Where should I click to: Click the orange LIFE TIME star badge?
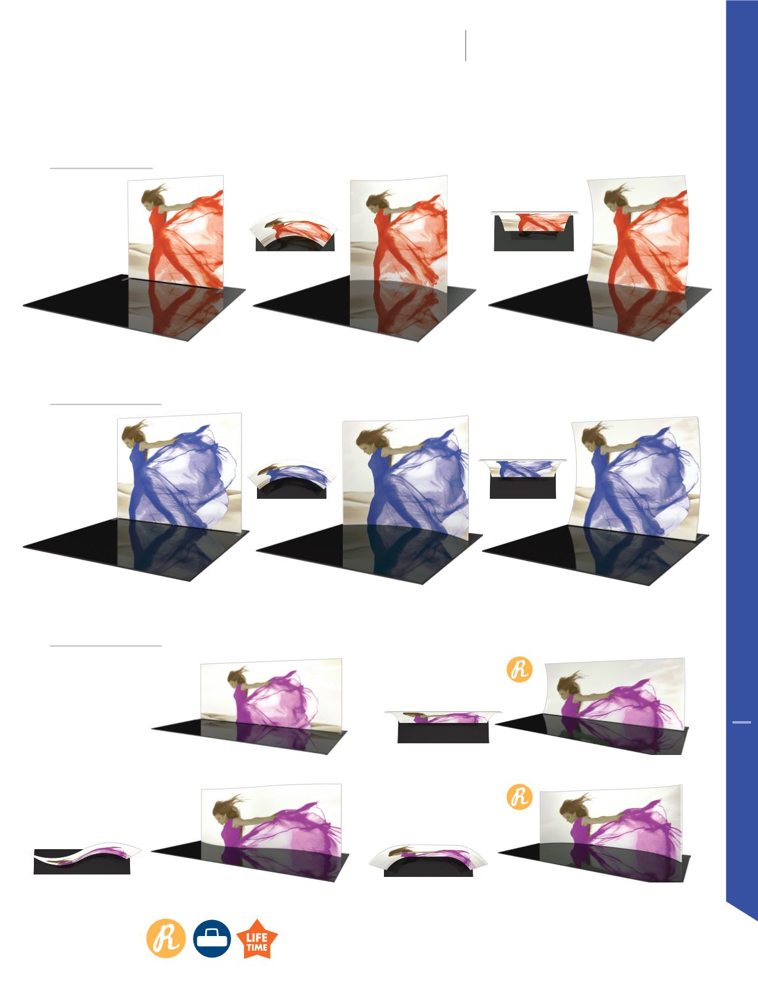[x=257, y=939]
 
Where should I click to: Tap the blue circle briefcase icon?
[x=212, y=939]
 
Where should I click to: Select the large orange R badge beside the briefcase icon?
[x=166, y=938]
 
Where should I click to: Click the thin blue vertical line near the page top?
[x=466, y=46]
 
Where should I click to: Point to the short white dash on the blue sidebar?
[x=741, y=722]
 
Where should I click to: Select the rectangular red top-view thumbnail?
[x=534, y=231]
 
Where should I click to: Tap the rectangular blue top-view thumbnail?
[x=523, y=478]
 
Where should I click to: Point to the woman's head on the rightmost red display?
[x=614, y=198]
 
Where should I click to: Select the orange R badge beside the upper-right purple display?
[x=520, y=669]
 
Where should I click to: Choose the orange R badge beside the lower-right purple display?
[x=520, y=797]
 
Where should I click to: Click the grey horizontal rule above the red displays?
[x=101, y=168]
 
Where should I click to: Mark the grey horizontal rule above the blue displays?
[x=106, y=404]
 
